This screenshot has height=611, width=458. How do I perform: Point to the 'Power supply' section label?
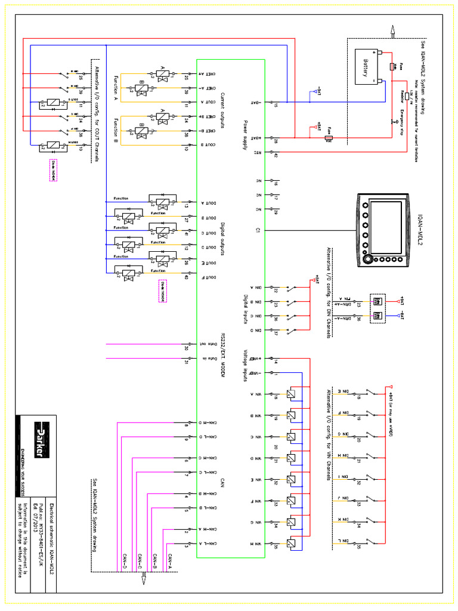coord(245,135)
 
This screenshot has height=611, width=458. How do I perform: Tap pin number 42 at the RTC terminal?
coord(276,157)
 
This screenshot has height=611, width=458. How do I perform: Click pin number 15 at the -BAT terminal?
coord(276,106)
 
